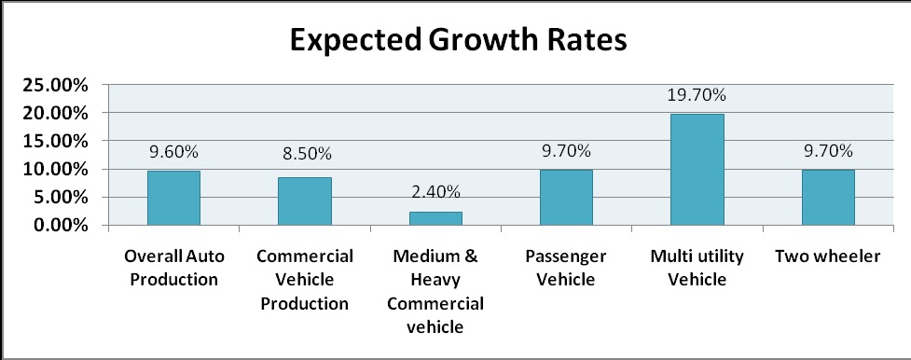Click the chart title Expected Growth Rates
pyautogui.click(x=456, y=41)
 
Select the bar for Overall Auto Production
pyautogui.click(x=173, y=198)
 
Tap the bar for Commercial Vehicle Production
pyautogui.click(x=304, y=201)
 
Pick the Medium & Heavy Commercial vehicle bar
pyautogui.click(x=435, y=218)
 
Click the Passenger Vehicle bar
pyautogui.click(x=566, y=197)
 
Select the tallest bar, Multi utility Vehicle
pyautogui.click(x=697, y=169)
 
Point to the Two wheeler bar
pyautogui.click(x=828, y=197)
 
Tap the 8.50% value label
pyautogui.click(x=304, y=153)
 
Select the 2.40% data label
pyautogui.click(x=435, y=191)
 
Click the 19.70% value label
pyautogui.click(x=697, y=94)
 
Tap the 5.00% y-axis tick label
pyautogui.click(x=60, y=197)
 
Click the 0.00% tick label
pyautogui.click(x=60, y=225)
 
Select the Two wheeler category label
pyautogui.click(x=828, y=256)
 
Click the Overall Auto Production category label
pyautogui.click(x=173, y=268)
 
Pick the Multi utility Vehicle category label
pyautogui.click(x=697, y=268)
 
